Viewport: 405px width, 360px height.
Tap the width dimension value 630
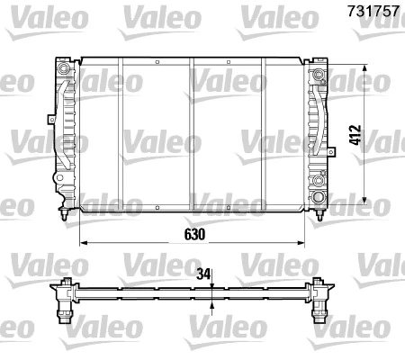[x=196, y=233]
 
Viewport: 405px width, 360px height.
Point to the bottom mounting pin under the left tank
[x=62, y=215]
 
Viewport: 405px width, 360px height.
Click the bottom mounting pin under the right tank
[x=319, y=215]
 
